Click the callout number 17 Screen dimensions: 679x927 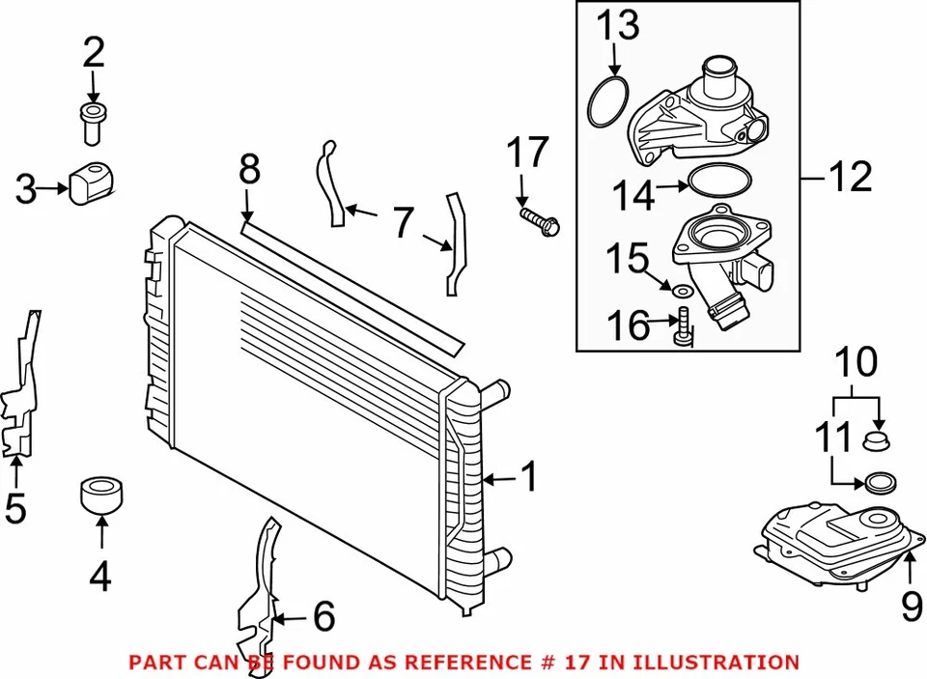coord(528,153)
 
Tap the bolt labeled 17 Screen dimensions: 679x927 coord(540,221)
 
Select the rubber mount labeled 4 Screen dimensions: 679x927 coord(101,493)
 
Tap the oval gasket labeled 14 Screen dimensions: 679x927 coord(718,181)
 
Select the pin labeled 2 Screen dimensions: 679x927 coord(94,125)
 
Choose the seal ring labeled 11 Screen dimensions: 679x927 coord(879,481)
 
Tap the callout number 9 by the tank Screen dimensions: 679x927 coord(912,606)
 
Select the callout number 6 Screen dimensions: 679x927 coord(323,615)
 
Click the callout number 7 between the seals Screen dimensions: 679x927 coord(402,223)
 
